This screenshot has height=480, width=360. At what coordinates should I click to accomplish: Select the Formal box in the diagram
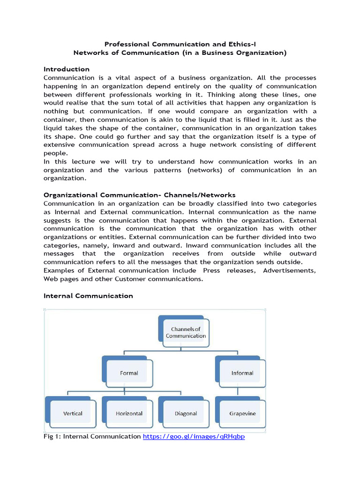[128, 373]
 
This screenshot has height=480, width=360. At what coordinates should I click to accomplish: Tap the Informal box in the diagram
[241, 373]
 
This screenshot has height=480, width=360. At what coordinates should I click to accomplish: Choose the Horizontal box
[129, 413]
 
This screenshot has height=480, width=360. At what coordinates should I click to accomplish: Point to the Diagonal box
[185, 413]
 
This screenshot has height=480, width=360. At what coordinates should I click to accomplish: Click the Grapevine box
[242, 413]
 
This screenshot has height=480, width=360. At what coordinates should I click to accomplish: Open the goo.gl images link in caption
[194, 437]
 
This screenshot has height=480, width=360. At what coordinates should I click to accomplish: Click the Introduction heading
[67, 69]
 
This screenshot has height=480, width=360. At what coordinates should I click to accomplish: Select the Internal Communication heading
[88, 296]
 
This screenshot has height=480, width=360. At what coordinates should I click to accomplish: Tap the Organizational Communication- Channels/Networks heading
[139, 195]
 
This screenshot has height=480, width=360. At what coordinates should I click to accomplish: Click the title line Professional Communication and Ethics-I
[180, 44]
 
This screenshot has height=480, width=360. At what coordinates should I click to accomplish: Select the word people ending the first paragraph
[55, 153]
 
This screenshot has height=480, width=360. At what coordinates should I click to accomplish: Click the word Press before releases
[211, 270]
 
